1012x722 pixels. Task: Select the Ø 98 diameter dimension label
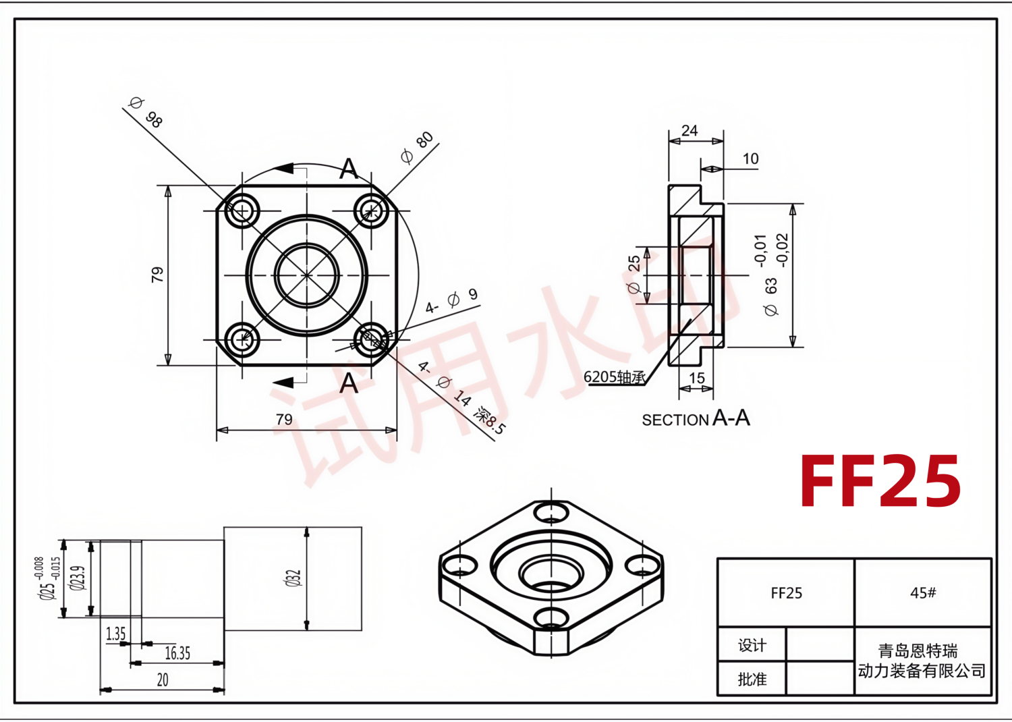pos(146,113)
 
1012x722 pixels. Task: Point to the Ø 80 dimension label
pos(417,147)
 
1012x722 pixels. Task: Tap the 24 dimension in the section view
pos(690,131)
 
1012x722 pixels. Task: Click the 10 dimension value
pos(750,159)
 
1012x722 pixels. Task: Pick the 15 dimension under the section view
pos(697,378)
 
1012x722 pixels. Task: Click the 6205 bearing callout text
pos(615,377)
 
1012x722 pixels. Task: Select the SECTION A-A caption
pos(696,418)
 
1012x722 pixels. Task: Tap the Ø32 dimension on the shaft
pos(293,578)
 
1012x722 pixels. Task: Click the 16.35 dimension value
pos(177,653)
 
